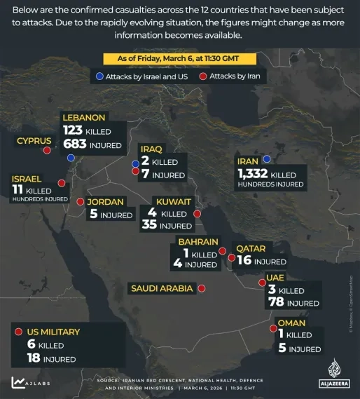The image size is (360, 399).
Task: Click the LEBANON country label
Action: (84, 118)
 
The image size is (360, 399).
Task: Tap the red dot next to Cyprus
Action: (47, 150)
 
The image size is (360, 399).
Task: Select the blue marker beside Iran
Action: (266, 159)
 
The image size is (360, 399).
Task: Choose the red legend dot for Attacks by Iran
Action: (203, 76)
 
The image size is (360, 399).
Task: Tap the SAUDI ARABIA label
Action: (162, 288)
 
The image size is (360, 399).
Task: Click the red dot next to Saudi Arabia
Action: (202, 288)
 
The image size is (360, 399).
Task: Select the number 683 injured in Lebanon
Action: (74, 145)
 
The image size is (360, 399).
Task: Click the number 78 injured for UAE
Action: (275, 302)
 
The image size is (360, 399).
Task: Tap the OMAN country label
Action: (292, 323)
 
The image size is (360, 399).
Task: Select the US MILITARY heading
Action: (53, 332)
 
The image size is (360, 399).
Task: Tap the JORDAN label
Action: (105, 202)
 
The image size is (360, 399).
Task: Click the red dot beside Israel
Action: (61, 183)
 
